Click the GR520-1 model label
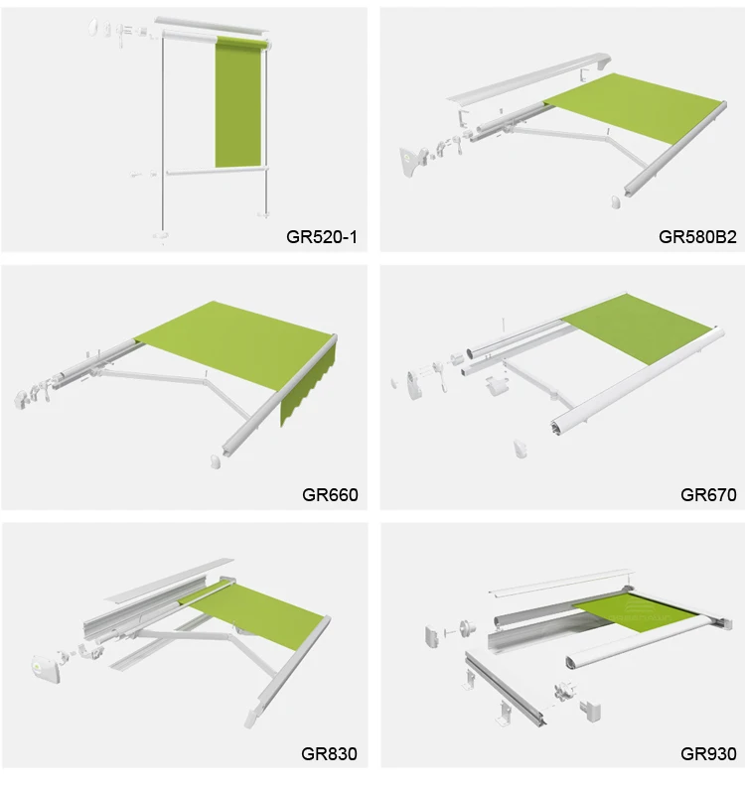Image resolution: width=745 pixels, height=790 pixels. pos(321,237)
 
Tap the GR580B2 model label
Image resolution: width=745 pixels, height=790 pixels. pos(697,237)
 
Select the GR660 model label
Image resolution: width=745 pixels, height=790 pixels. pos(330,495)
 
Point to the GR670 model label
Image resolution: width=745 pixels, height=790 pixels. pos(708,495)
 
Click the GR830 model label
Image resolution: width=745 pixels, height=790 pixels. pos(329,753)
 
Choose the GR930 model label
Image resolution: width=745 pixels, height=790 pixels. pos(708,753)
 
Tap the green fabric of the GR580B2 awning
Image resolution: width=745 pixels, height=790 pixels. pos(636,107)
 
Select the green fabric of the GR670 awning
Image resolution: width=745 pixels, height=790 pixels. pos(638,328)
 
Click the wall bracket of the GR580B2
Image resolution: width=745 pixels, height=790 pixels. pos(411,161)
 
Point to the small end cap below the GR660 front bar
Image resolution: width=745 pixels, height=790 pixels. pos(216,461)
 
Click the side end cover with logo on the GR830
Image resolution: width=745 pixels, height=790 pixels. pos(46,669)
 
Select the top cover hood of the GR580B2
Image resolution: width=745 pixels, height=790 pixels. pos(529,78)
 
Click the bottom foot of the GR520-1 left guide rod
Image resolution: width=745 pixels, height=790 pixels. pos(161,236)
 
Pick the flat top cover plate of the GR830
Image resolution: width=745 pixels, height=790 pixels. pos(169,581)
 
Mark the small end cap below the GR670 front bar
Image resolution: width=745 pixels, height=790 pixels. pos(521,449)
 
